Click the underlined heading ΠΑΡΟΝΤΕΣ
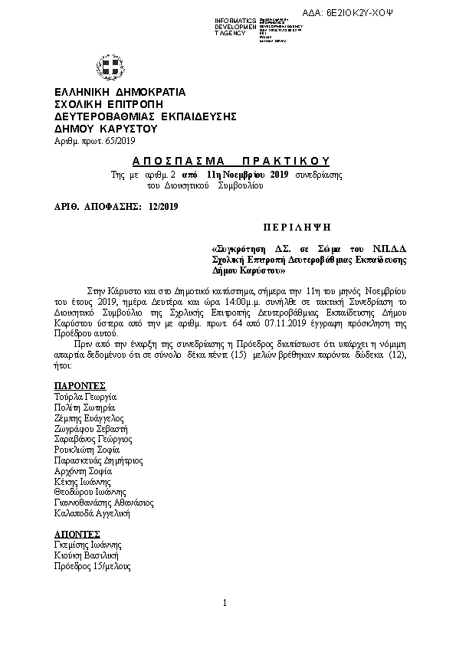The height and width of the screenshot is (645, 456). [x=79, y=385]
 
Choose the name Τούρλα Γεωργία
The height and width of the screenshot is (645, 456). [x=84, y=398]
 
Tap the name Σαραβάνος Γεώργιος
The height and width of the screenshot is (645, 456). [x=93, y=440]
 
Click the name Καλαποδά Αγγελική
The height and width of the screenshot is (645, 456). [x=92, y=512]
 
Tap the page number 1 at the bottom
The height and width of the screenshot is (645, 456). [x=225, y=603]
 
